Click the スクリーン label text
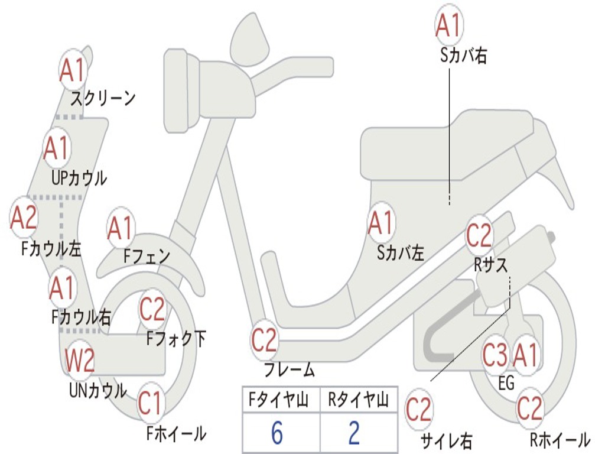tap(103, 98)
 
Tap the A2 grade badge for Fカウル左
tap(24, 218)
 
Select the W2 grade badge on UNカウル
tap(80, 360)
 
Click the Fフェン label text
tap(147, 256)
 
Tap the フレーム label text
tap(289, 371)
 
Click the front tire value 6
tap(277, 433)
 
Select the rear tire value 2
tap(354, 433)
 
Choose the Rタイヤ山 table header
tap(357, 400)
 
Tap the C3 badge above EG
tap(495, 355)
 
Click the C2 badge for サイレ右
tap(419, 409)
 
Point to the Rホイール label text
tap(560, 439)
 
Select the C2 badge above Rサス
tap(479, 236)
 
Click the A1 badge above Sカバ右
tap(447, 25)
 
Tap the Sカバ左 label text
tap(401, 253)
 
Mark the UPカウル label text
tap(79, 177)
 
